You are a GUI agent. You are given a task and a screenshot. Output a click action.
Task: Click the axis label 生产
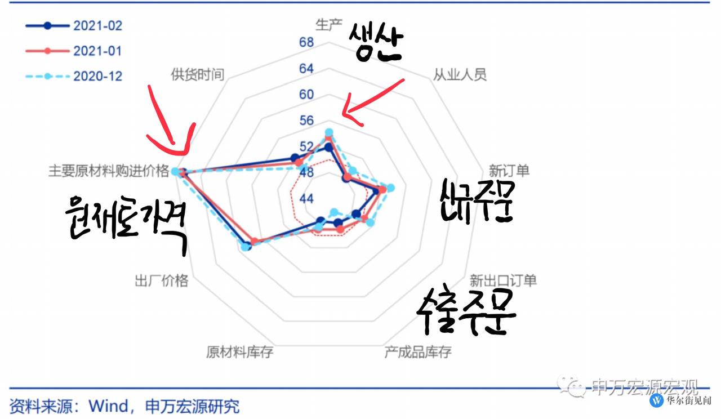[329, 25]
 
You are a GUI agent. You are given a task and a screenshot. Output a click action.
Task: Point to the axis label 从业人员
[459, 74]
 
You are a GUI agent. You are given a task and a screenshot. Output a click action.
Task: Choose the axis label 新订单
[509, 170]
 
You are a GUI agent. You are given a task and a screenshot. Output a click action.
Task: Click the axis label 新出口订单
[503, 280]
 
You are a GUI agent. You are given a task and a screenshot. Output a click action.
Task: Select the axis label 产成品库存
[417, 353]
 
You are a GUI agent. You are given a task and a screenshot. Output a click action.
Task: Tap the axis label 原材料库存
[239, 353]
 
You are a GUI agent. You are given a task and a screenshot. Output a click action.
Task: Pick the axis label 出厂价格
[162, 280]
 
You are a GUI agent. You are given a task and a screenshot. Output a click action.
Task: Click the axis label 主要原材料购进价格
[108, 171]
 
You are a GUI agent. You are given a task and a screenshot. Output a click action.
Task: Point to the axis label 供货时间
[197, 74]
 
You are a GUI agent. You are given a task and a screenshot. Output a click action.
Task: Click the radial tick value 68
[306, 42]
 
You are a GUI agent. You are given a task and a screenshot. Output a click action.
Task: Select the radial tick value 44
[306, 199]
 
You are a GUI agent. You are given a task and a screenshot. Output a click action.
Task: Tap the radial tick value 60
[306, 94]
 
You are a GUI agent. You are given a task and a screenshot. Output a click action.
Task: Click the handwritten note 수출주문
[466, 311]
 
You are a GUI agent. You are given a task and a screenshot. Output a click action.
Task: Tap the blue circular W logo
[657, 400]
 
